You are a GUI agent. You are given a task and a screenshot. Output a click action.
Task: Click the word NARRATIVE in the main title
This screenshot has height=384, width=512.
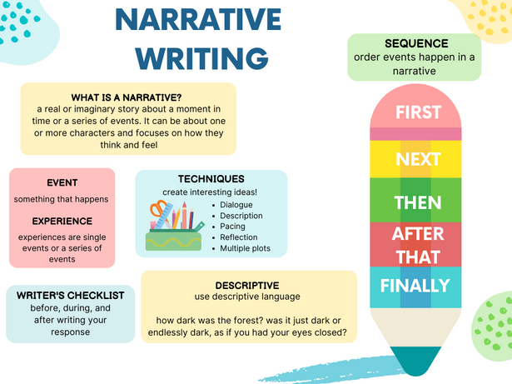pos(198,20)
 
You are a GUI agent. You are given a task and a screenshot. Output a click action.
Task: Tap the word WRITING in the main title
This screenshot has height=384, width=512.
pos(202,58)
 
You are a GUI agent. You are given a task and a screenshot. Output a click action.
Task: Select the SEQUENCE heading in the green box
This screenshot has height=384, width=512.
pos(416,43)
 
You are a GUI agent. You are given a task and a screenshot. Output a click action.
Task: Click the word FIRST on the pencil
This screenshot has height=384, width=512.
pos(418,112)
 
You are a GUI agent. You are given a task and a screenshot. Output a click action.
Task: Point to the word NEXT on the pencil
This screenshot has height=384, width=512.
pos(418,159)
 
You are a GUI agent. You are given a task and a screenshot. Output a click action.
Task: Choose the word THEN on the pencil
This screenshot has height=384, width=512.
pos(418,202)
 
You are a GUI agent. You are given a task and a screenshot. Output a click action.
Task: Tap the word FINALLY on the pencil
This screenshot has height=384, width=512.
pos(415,286)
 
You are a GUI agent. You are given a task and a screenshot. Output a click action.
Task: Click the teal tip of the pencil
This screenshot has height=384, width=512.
pos(415,361)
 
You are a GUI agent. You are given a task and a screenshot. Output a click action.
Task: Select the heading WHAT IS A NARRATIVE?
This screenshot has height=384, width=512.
pos(127,97)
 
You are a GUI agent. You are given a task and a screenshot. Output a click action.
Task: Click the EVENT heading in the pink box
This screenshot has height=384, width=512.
pos(62,182)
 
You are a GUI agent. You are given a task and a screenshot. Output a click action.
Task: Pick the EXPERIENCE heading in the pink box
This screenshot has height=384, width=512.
pos(62,221)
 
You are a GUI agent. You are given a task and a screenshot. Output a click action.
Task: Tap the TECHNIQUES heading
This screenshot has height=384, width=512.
pos(211,179)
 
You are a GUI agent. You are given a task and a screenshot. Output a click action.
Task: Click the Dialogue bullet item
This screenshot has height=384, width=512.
pos(236,205)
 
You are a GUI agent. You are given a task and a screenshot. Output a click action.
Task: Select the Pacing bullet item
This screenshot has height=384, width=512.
pos(232,226)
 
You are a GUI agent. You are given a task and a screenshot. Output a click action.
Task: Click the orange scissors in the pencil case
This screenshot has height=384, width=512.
pos(159,210)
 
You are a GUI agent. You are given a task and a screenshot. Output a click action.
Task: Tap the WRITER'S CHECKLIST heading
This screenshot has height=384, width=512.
pos(71,296)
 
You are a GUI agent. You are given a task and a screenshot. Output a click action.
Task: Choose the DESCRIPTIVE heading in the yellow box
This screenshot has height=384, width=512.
pos(247,286)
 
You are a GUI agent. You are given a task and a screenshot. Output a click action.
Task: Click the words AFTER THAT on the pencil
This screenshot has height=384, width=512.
pos(418,245)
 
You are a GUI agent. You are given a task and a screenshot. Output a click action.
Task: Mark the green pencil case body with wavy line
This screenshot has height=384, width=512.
pos(173,241)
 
